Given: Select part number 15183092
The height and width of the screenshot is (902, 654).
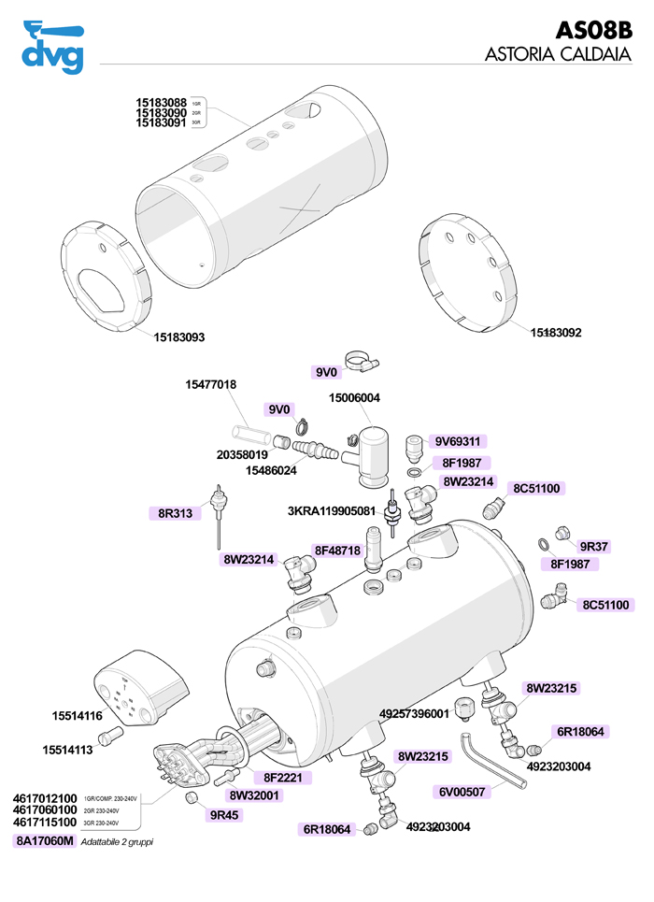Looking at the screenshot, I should (556, 332).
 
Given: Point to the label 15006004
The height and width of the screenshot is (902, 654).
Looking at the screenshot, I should (354, 398).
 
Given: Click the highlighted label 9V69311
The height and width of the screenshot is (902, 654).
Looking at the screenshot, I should (459, 440).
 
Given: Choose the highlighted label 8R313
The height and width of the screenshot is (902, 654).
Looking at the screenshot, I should (174, 512).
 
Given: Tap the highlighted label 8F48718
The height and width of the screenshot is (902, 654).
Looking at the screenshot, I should (336, 551).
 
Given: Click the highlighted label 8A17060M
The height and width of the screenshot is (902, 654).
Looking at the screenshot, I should (43, 841).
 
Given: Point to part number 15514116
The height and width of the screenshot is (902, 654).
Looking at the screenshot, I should (77, 716).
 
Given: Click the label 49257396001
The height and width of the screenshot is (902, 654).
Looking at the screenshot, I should (414, 713).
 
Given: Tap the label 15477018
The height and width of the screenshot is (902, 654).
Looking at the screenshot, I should (210, 385).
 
